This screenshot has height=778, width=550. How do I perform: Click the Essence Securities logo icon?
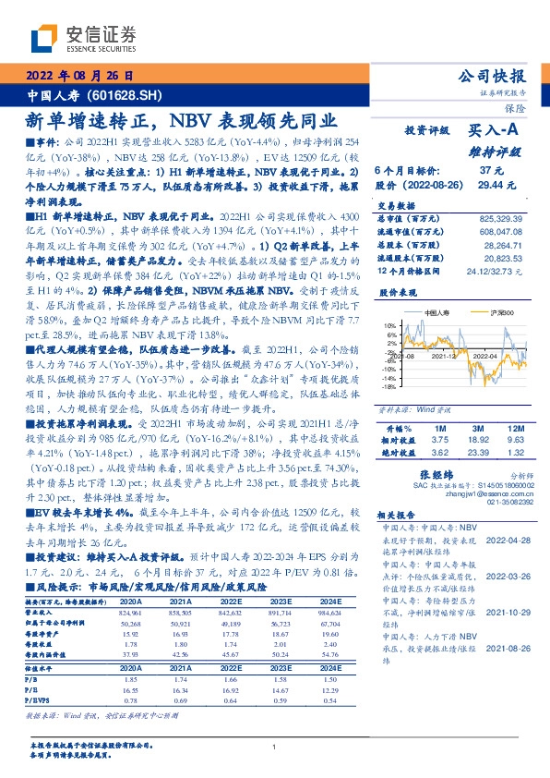pos(48,39)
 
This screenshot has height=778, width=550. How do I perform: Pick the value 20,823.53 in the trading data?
pos(506,260)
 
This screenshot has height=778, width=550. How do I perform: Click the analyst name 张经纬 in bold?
pos(446,474)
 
